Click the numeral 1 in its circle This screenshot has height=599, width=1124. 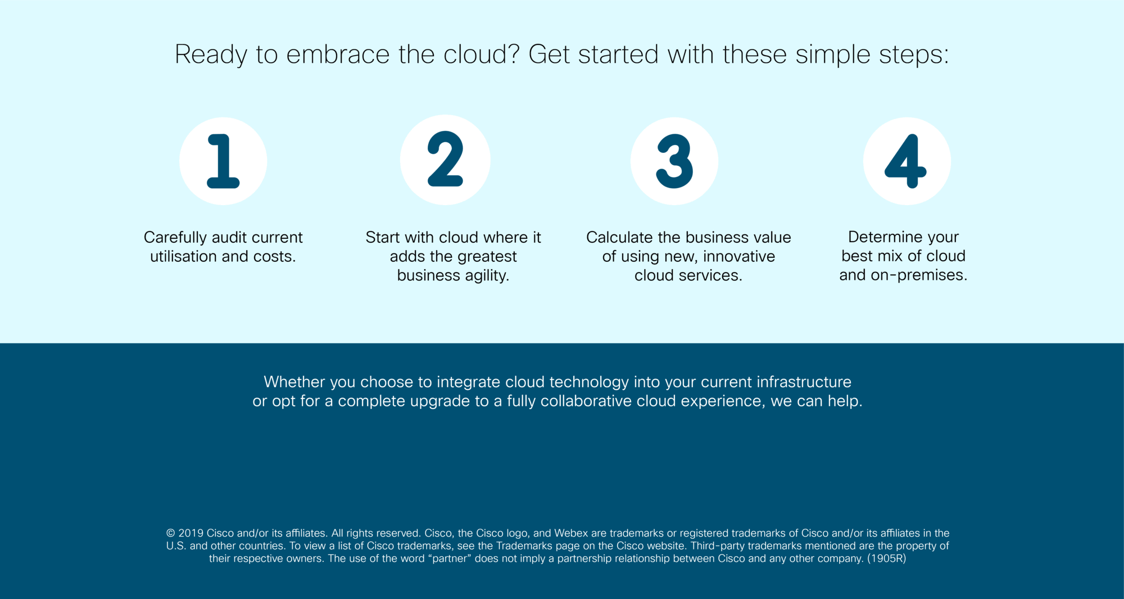tap(224, 161)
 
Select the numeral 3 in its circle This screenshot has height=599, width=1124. tap(674, 161)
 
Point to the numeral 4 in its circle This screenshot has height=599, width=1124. tap(905, 161)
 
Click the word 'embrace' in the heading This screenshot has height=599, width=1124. tap(338, 55)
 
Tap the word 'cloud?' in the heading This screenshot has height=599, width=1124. tap(481, 55)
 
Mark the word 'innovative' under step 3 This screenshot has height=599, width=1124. tap(739, 256)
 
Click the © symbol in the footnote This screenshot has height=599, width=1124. tap(171, 533)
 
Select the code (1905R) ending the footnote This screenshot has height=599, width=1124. tap(887, 559)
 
